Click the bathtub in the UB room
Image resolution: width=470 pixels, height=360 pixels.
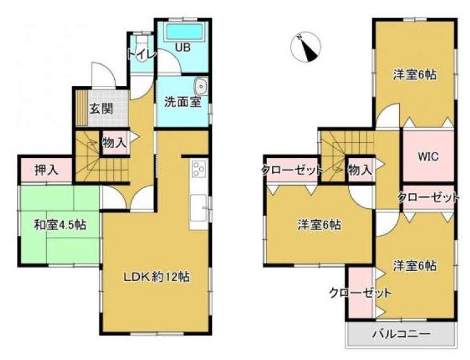pos(184,32)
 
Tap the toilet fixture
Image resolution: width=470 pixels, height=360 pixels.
pos(142,48)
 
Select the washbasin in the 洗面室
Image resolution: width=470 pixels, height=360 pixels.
pos(201,86)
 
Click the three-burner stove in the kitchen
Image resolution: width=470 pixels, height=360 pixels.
pos(199,169)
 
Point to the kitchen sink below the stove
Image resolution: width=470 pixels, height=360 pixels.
pos(198,208)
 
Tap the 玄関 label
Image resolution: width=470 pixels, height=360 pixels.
pos(102,109)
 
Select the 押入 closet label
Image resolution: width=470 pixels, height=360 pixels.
pos(46,170)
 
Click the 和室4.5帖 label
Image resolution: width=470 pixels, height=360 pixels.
pos(60,225)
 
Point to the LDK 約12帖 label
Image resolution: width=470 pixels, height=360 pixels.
pos(157,277)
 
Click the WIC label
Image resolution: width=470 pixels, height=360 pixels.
pos(429,156)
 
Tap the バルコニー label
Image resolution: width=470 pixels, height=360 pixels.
pos(401,333)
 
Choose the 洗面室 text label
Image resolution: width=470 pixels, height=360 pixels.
pos(182,102)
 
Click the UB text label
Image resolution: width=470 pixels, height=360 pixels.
pos(182,48)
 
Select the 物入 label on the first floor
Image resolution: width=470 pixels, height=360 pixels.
pos(114,142)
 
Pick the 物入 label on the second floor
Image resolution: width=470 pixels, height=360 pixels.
pos(360,171)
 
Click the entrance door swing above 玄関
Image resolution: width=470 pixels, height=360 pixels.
pos(103,75)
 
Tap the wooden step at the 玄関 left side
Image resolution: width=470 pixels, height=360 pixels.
pos(81,108)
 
